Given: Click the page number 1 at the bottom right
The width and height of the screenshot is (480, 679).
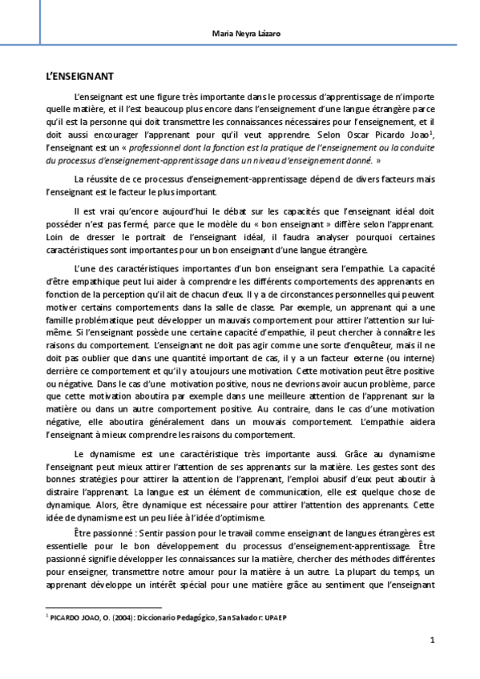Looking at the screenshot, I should (432, 641).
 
